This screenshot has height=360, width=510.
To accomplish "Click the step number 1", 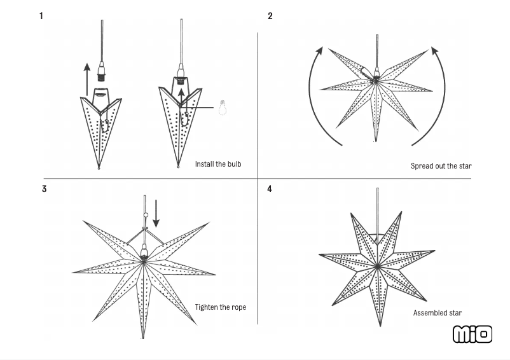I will (41, 16).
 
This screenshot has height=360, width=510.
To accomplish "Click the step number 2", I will (270, 16).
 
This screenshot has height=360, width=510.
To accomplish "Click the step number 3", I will (44, 189).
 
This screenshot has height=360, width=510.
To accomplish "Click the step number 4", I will (270, 189).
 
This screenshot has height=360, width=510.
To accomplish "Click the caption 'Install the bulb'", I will (218, 164).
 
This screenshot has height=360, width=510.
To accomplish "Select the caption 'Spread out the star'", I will (441, 166).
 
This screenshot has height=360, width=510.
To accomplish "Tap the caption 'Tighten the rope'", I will (221, 307).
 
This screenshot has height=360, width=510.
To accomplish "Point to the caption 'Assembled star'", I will (438, 313).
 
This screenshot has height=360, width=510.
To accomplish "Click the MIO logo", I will (472, 334).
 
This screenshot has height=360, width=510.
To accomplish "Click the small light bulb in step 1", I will (223, 107).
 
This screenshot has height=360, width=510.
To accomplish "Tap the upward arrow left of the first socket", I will (87, 78).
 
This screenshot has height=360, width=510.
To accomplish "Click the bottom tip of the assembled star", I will (380, 325).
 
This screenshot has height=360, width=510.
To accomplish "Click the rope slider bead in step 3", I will (145, 214).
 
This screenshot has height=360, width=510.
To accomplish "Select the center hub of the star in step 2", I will (376, 79).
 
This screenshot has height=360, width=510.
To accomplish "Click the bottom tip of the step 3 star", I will (143, 336).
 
